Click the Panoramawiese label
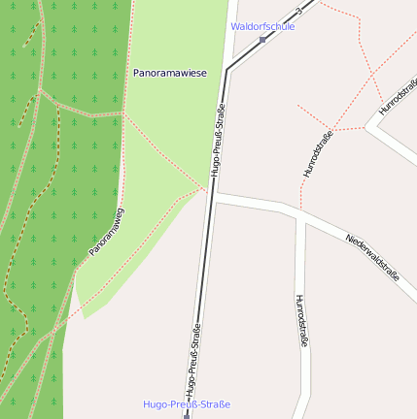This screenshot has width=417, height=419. pos(170,73)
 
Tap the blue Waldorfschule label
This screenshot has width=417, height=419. pos(262,26)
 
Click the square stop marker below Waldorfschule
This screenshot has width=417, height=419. pos(262,40)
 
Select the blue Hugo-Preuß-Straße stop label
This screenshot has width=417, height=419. pos(187,403)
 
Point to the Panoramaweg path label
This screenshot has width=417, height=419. pos(107,232)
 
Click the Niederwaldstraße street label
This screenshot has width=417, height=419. pos(372,256)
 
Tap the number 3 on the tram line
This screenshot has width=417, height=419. pos(299,13)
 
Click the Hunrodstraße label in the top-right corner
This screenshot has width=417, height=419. pos(398,97)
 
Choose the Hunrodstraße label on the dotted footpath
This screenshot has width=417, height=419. pos(318,153)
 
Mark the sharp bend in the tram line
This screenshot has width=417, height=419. pos(226,70)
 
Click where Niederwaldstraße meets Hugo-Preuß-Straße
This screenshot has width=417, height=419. pos(211,194)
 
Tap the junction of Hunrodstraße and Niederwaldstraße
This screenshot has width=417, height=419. pos(301,214)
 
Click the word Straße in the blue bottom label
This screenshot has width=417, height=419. pos(215,403)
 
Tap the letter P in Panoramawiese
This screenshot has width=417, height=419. pos(137,73)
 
